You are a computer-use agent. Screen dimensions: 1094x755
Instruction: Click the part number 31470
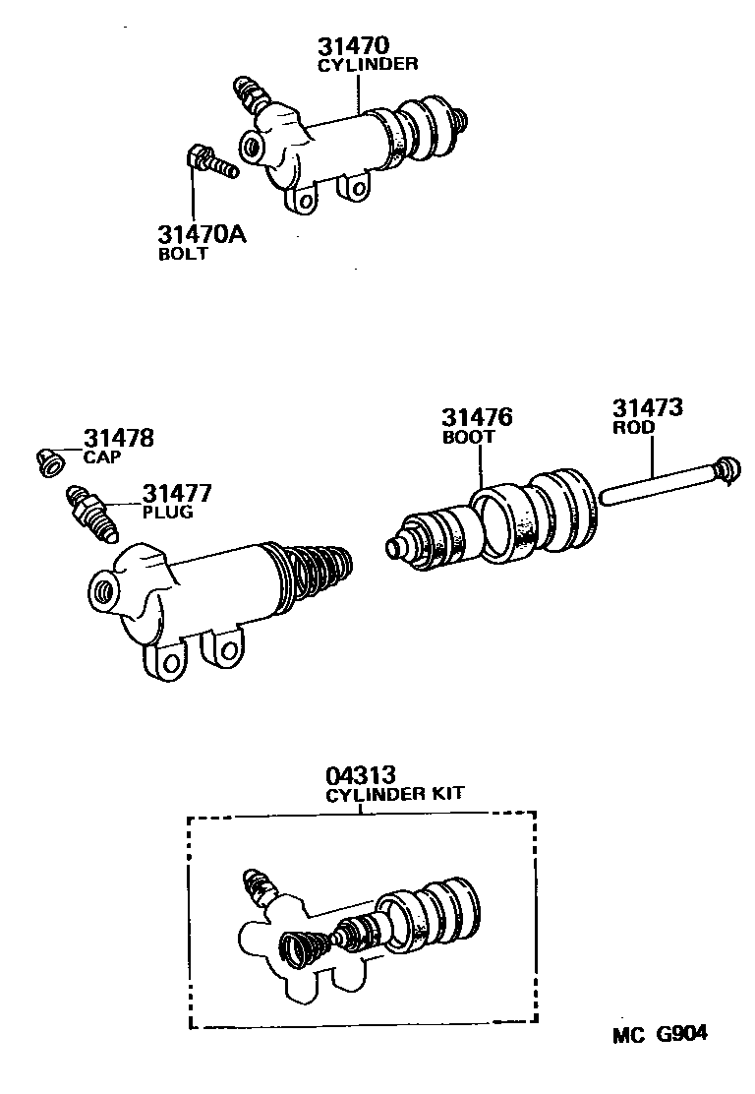353,46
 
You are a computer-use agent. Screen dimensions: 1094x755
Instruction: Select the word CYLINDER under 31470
367,65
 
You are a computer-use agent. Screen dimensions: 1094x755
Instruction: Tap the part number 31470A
201,236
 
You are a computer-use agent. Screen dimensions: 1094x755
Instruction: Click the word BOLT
183,254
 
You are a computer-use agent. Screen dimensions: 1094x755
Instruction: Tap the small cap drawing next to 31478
48,460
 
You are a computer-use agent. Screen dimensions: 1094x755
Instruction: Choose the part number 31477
177,494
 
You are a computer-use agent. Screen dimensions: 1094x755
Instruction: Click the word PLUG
167,513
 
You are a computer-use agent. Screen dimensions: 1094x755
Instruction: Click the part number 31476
477,418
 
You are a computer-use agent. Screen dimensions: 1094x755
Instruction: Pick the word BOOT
468,437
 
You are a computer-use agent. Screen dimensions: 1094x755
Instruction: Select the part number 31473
648,408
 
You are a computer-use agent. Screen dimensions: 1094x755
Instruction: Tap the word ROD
633,428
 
